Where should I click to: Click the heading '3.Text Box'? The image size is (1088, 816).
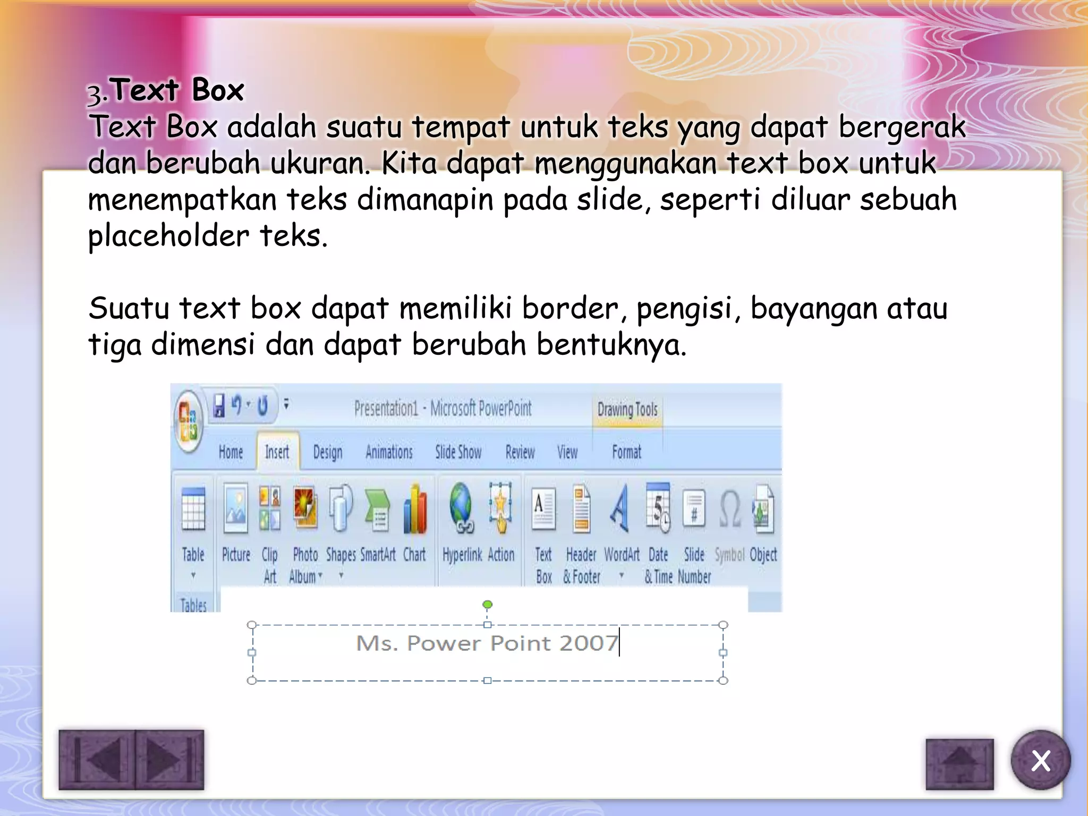[166, 90]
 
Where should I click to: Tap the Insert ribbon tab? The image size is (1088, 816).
[277, 452]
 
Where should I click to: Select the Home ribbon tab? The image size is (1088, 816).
[231, 452]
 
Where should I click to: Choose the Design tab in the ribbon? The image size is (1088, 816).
[327, 452]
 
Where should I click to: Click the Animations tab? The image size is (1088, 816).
[389, 452]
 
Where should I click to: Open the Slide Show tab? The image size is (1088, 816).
[458, 452]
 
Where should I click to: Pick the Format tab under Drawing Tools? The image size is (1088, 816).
[626, 452]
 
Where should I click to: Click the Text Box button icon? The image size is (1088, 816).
[543, 509]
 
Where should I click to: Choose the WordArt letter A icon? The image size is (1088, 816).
[619, 508]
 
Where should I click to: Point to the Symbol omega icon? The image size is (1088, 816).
[730, 508]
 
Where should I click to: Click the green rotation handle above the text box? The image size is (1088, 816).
[487, 605]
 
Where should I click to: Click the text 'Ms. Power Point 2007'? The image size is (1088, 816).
[487, 643]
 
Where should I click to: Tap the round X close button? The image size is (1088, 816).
[1040, 760]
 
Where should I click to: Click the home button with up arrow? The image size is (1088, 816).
[959, 764]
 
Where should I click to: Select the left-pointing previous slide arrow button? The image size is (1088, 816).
[98, 760]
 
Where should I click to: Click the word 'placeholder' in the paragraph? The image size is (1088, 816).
[168, 236]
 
